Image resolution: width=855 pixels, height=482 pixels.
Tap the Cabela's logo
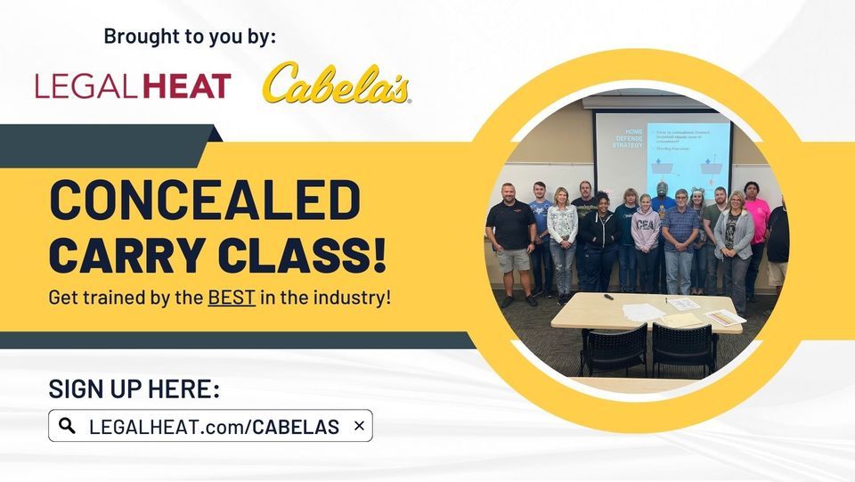pos(337,85)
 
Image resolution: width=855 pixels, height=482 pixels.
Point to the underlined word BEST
pos(232,298)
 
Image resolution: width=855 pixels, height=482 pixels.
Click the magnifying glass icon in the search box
pos(67,426)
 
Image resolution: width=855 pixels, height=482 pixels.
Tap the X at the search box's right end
pos(359,426)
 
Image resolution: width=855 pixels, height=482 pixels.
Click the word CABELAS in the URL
pos(296,427)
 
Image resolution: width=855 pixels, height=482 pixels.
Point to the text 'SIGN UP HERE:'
pos(134,389)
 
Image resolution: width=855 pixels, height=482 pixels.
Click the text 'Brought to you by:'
pos(191,37)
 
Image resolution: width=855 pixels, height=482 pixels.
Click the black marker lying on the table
pos(609,296)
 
